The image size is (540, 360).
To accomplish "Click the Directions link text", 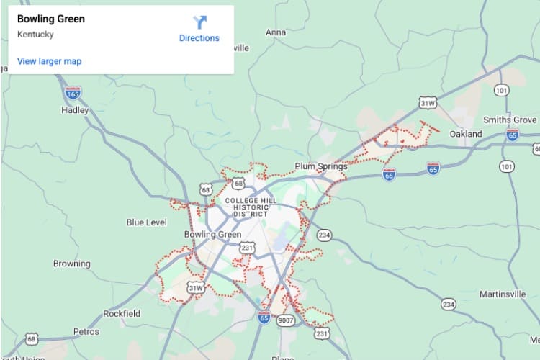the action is click(x=199, y=38).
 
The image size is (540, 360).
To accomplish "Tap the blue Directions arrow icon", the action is click(x=199, y=22).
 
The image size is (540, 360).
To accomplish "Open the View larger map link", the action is click(x=49, y=61).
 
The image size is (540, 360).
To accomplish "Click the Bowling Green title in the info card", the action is click(x=50, y=19).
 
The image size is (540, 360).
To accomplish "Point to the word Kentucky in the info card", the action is click(x=35, y=34).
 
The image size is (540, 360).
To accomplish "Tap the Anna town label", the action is click(x=276, y=32).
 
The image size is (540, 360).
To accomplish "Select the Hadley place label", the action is click(x=75, y=110).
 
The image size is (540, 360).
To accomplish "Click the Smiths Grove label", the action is click(x=510, y=120).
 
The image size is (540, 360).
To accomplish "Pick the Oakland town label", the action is click(x=465, y=134).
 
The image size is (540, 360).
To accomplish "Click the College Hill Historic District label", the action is click(x=246, y=207).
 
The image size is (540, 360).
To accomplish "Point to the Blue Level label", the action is click(x=146, y=222).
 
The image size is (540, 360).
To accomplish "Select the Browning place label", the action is click(x=72, y=264).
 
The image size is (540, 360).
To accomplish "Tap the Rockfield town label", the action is click(x=122, y=313).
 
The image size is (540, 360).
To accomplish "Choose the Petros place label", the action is click(x=86, y=332).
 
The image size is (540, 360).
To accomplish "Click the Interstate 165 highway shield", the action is click(x=73, y=93).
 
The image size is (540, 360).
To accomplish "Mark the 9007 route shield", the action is click(x=286, y=319).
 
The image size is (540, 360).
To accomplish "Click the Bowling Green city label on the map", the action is click(x=212, y=235).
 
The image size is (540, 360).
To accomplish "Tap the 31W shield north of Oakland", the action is click(x=428, y=104).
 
